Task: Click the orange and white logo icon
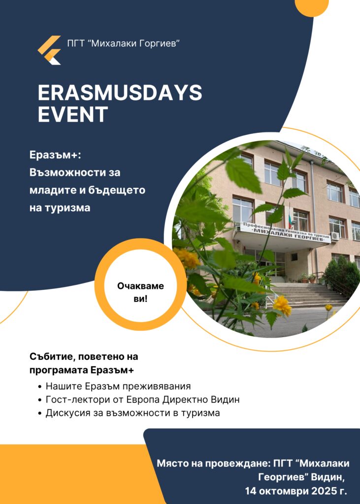49,50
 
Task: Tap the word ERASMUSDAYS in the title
120,93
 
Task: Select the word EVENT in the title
73,114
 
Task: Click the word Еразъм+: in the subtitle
55,155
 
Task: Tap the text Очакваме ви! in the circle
140,292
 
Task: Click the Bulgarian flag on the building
291,216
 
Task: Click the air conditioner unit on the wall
335,236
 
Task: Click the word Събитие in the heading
52,357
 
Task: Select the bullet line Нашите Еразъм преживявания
118,386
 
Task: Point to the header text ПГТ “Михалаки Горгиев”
123,43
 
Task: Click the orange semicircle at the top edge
312,7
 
